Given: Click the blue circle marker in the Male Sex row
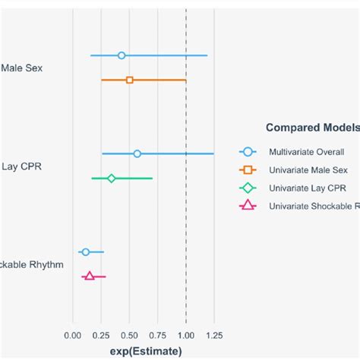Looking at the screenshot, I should click(122, 55).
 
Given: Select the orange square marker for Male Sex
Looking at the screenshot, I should click(130, 80).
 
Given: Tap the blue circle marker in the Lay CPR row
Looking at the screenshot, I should click(137, 153).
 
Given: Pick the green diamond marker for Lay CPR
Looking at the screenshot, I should click(112, 178).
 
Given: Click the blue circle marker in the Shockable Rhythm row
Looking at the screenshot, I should click(86, 251).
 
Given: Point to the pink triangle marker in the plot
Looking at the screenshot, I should click(90, 276).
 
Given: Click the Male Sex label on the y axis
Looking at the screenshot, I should click(22, 68).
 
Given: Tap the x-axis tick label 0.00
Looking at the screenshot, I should click(73, 335).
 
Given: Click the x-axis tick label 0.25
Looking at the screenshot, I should click(101, 335).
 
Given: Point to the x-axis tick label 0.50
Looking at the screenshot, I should click(129, 335).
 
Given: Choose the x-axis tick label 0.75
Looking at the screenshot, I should click(157, 335).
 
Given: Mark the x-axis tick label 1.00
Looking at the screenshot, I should click(185, 335).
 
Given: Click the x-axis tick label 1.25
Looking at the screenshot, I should click(214, 335).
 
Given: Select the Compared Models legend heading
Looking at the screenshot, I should click(311, 128).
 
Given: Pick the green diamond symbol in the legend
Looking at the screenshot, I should click(248, 188).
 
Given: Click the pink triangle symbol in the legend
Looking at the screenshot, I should click(248, 206).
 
